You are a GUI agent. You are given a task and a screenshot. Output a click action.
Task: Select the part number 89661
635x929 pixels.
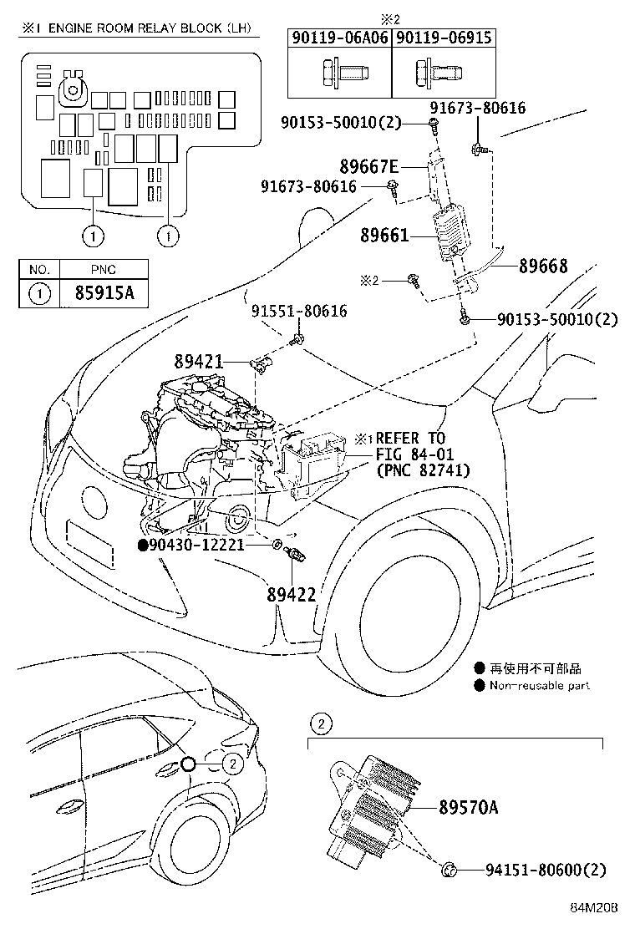[x=384, y=236]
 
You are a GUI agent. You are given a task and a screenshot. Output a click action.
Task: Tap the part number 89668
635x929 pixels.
[x=543, y=267]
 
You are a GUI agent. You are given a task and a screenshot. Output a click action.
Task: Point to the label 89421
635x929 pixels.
[x=199, y=362]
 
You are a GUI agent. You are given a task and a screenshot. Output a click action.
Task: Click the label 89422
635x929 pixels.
[x=292, y=594]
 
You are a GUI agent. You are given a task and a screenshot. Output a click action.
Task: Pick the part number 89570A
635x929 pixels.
[x=468, y=807]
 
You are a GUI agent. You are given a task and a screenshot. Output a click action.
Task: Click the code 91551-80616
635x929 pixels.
[x=299, y=312]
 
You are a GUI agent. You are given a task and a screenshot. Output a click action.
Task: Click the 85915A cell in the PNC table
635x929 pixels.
[x=104, y=293]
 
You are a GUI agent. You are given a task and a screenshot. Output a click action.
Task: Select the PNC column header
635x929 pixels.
[x=104, y=269]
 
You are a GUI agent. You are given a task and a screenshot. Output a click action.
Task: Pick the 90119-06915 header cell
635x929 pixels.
[x=443, y=38]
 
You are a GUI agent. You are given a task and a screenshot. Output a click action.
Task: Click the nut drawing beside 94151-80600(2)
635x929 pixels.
[x=448, y=871]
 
